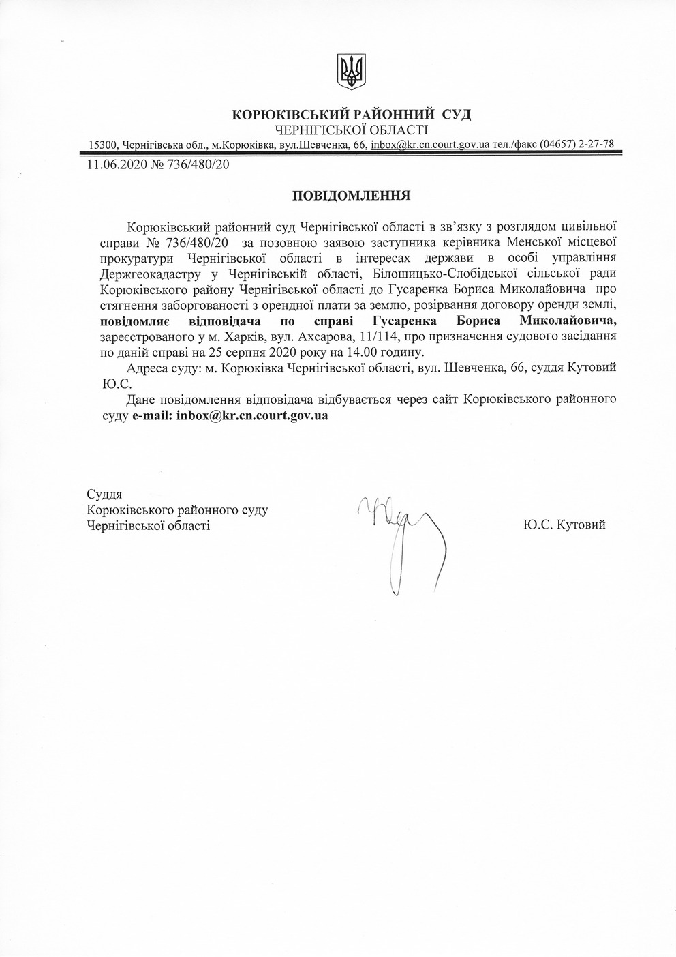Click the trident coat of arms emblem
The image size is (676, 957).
coord(352,71)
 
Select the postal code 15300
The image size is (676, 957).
coord(103,145)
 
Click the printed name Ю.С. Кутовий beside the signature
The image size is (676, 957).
coord(564,525)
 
